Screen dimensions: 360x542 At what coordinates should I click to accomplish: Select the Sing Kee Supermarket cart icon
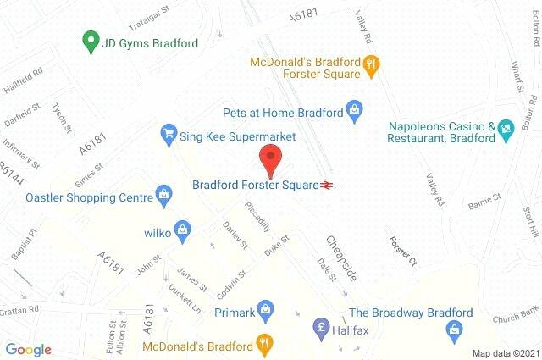pos(168,134)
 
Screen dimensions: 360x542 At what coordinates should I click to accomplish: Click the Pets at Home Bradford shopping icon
pos(355,109)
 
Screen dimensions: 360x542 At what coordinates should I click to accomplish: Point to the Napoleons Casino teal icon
pos(506,129)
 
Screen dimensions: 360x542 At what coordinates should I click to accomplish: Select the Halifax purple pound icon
pos(321,327)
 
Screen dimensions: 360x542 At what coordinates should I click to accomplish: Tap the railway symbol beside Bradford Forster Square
pos(326,184)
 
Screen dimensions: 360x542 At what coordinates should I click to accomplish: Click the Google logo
pos(28,349)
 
